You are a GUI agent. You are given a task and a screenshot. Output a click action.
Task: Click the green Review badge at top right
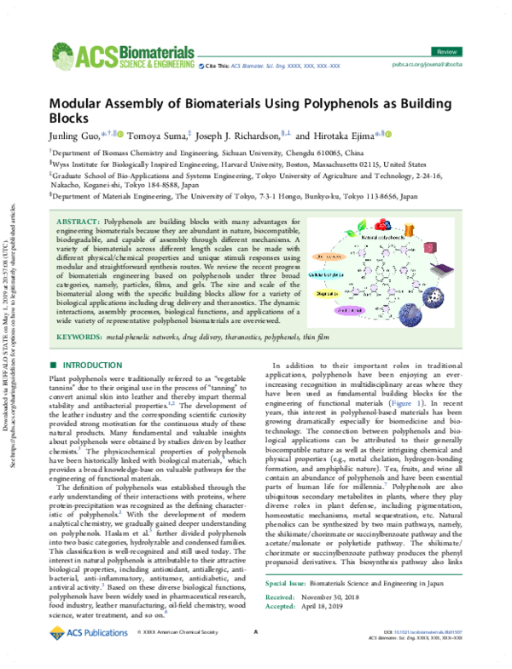tap(467, 28)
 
